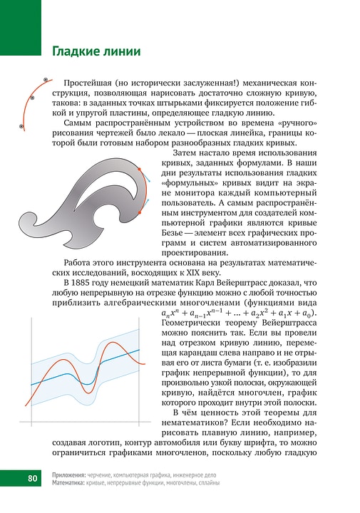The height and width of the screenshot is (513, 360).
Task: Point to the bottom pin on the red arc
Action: click(x=22, y=126)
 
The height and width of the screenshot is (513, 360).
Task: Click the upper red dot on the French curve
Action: click(x=139, y=169)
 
